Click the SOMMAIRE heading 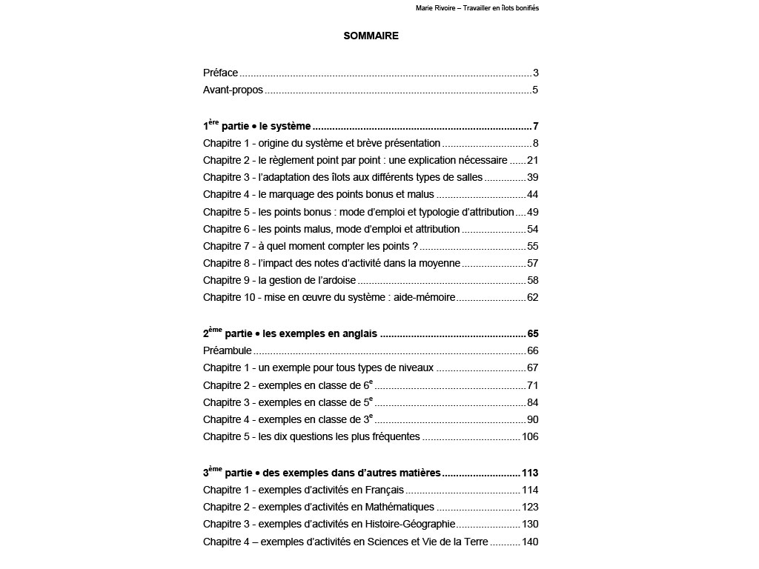coord(371,36)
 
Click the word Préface coord(220,73)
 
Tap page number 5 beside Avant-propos coord(534,90)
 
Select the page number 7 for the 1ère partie coord(534,126)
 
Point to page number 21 coord(532,160)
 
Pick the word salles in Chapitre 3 coord(468,177)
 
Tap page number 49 coord(532,212)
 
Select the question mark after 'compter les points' coord(415,246)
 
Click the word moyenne coord(440,263)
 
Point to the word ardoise coord(338,280)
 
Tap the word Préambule coord(227,350)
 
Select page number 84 coord(532,402)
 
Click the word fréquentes coord(394,436)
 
